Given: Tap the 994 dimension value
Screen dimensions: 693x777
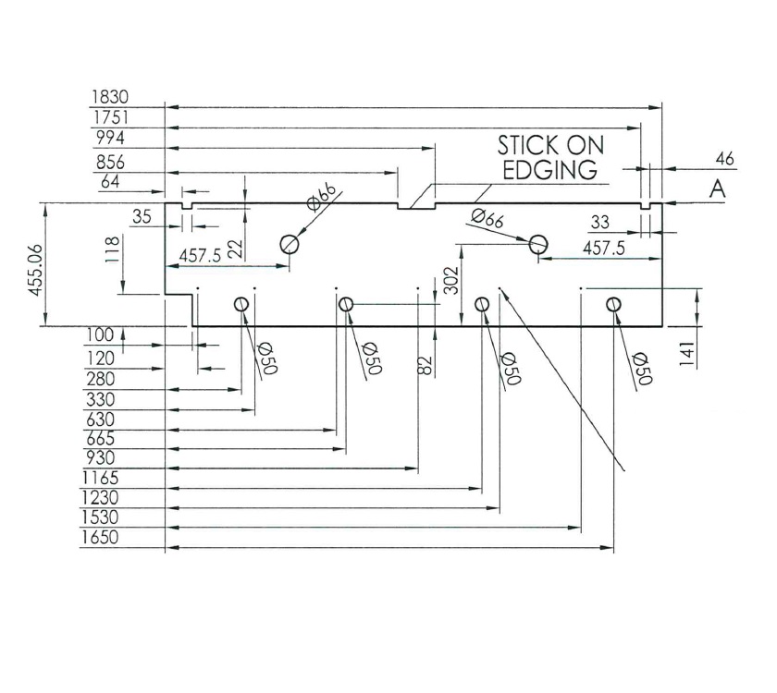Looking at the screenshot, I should click(110, 138).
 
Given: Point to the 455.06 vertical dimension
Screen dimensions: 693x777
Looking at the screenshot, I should click(38, 264).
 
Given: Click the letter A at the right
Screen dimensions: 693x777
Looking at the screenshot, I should click(716, 190).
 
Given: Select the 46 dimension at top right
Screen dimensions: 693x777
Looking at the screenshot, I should click(724, 160).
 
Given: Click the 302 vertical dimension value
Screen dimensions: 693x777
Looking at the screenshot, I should click(450, 278).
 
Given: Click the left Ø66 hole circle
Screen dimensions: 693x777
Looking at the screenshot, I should click(290, 244).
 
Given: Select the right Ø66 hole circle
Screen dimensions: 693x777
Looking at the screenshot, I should click(538, 244).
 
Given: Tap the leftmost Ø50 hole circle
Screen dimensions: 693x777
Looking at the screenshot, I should click(242, 304).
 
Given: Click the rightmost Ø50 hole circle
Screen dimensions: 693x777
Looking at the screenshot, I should click(613, 304).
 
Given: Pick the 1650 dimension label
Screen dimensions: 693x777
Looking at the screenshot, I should click(101, 538).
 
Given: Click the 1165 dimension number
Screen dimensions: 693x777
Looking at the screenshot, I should click(101, 478).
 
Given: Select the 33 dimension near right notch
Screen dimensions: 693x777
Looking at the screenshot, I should click(600, 222).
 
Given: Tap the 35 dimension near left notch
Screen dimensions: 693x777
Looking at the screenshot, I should click(142, 218).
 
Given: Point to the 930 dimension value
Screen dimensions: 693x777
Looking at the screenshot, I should click(101, 458).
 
